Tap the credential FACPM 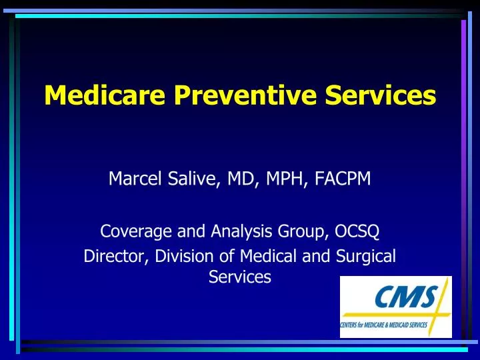(342, 178)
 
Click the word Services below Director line (240, 277)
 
